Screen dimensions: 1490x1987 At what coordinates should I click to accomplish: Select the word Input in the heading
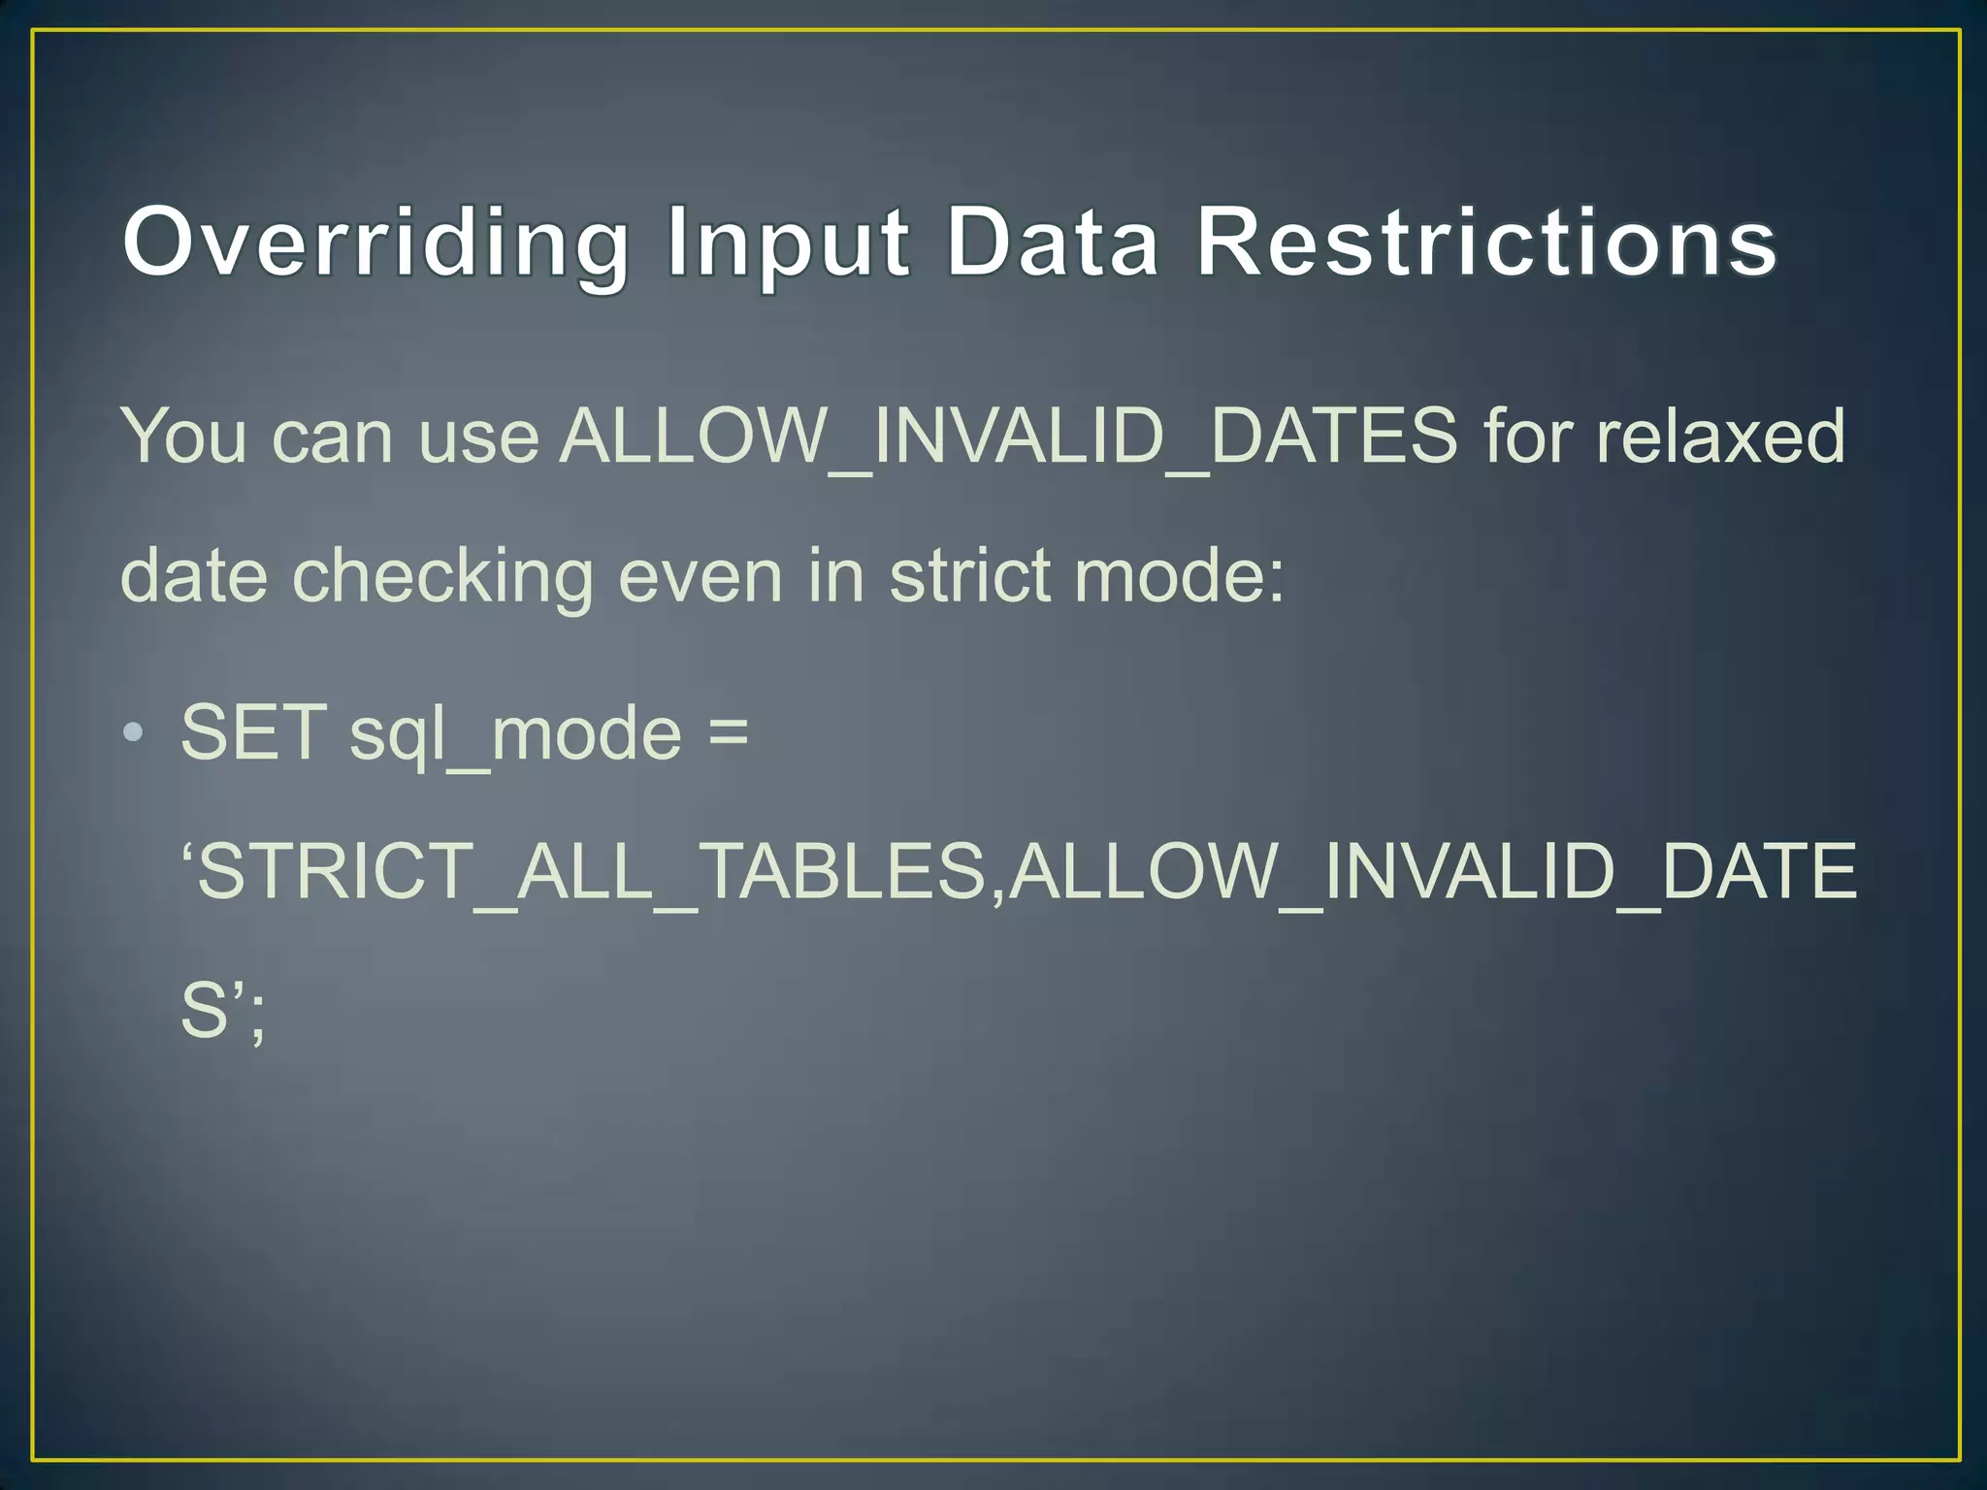coord(788,243)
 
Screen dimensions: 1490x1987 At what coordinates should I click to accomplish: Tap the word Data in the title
coord(1053,243)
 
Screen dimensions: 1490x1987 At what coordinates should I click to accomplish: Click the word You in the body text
coord(183,437)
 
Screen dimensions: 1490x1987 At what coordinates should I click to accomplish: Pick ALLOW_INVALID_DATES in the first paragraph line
coord(1009,437)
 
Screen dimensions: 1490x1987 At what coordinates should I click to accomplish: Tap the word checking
coord(442,576)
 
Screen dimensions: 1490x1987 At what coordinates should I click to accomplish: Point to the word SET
coord(253,732)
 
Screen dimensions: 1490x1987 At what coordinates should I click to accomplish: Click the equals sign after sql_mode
coord(728,732)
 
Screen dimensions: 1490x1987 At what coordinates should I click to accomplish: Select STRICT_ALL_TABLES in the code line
coord(592,871)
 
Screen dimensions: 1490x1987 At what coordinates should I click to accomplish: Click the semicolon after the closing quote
coord(256,1019)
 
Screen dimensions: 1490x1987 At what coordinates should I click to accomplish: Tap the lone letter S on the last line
coord(205,1011)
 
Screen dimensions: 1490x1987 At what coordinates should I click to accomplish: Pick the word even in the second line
coord(700,576)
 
